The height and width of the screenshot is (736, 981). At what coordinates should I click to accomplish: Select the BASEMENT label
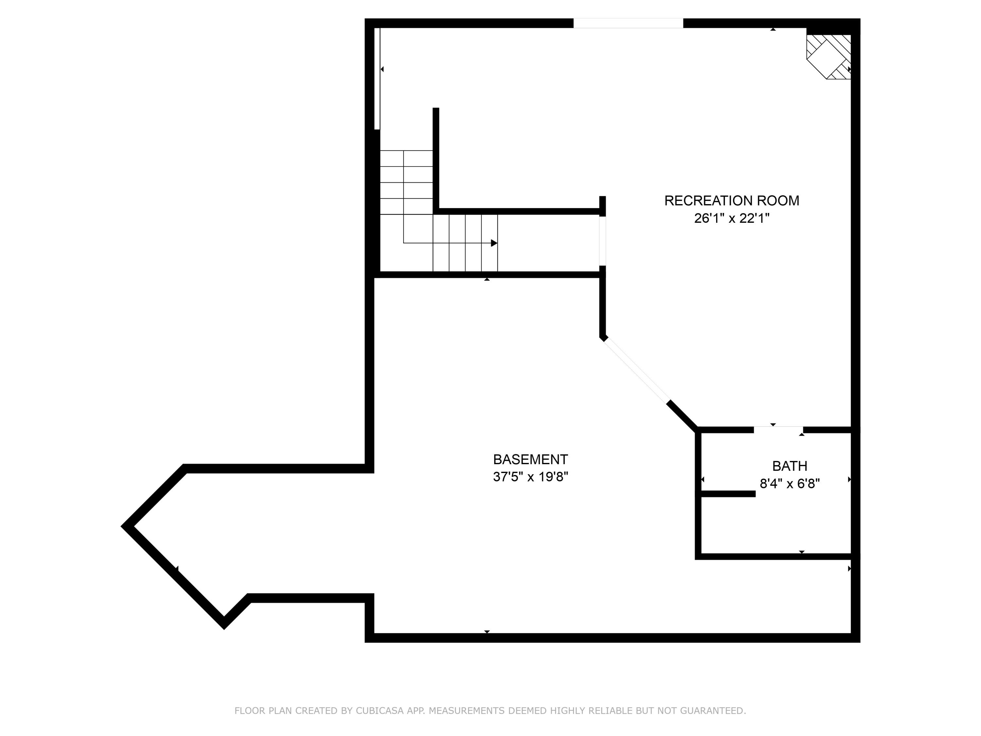pyautogui.click(x=530, y=459)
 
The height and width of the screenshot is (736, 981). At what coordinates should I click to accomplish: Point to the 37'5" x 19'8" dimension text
pyautogui.click(x=530, y=477)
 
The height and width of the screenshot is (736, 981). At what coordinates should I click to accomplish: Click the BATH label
pyautogui.click(x=789, y=466)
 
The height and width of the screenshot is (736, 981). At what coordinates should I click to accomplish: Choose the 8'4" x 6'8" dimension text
pyautogui.click(x=789, y=483)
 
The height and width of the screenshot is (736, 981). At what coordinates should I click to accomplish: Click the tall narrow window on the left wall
pyautogui.click(x=377, y=79)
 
